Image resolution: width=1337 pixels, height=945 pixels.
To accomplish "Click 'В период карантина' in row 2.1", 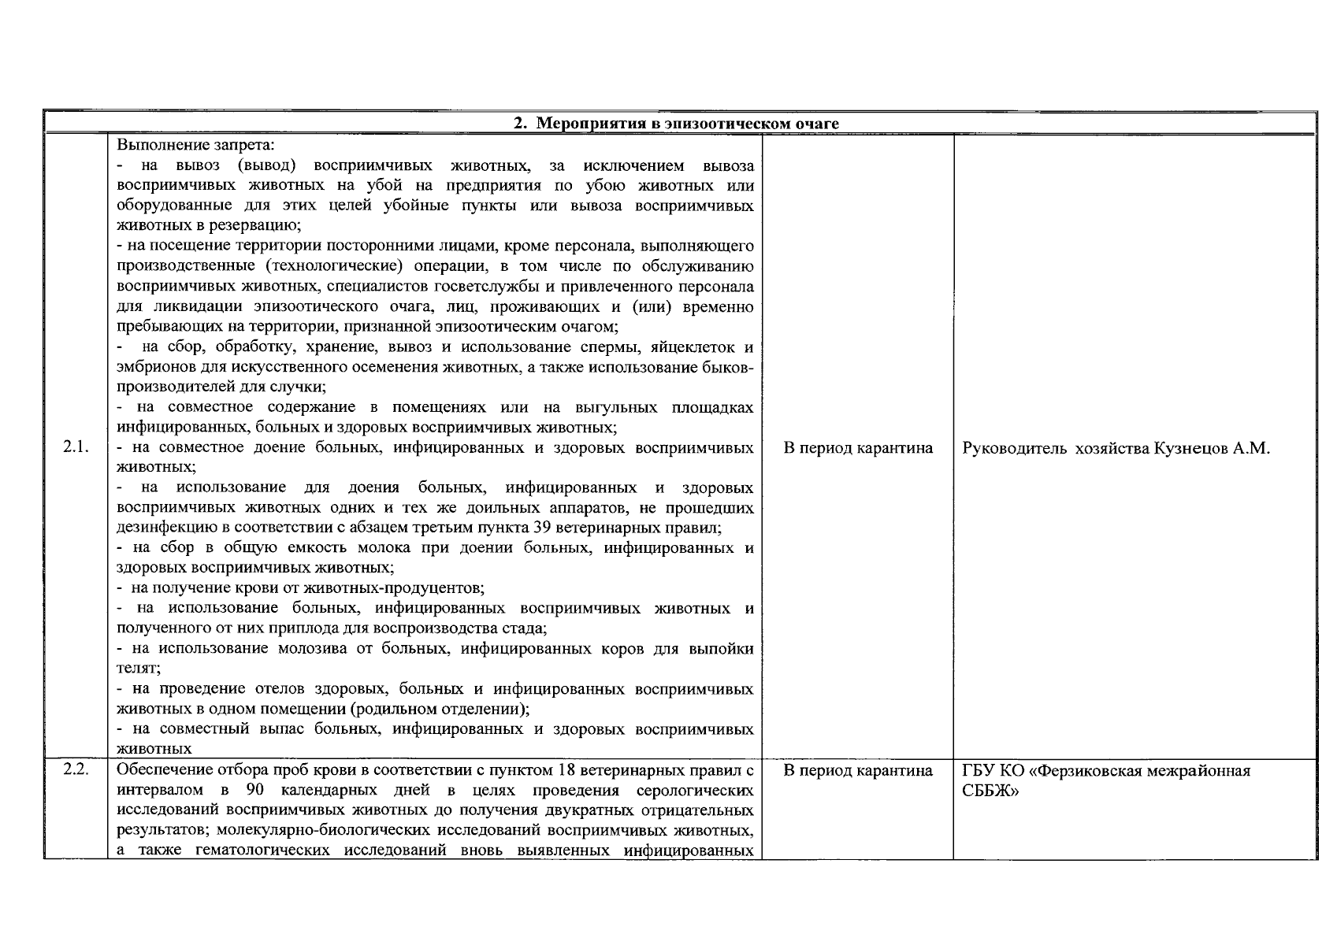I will [858, 448].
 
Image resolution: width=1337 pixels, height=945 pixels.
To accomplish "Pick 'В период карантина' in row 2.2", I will [858, 770].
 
